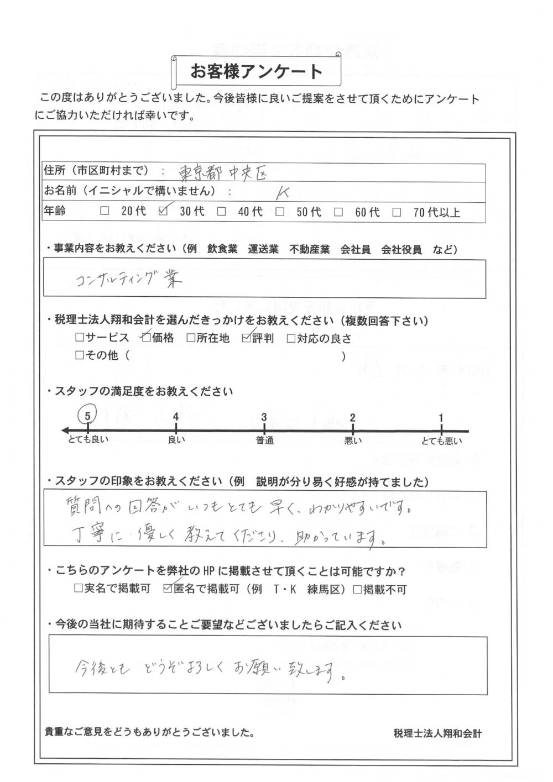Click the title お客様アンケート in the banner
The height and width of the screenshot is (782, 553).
(x=257, y=71)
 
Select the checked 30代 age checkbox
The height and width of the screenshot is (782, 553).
(x=163, y=211)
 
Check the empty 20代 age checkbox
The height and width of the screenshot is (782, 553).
(x=105, y=211)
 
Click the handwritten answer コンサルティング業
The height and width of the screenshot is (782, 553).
(x=128, y=281)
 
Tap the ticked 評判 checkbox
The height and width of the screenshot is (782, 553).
(x=246, y=338)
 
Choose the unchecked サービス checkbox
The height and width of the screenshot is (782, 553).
(x=80, y=338)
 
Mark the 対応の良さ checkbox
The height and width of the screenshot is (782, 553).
(x=291, y=338)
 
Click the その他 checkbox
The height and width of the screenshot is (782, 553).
(x=80, y=356)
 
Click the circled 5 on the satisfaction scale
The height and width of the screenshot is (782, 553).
(x=88, y=412)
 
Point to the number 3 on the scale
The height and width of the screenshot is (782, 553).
(x=264, y=417)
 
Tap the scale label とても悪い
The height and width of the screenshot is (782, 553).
(x=441, y=441)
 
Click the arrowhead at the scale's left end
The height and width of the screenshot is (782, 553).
(x=65, y=431)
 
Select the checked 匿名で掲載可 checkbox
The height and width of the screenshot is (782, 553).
(x=169, y=589)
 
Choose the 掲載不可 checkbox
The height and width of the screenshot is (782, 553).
(x=358, y=589)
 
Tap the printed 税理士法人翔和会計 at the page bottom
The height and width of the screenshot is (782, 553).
(x=437, y=733)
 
